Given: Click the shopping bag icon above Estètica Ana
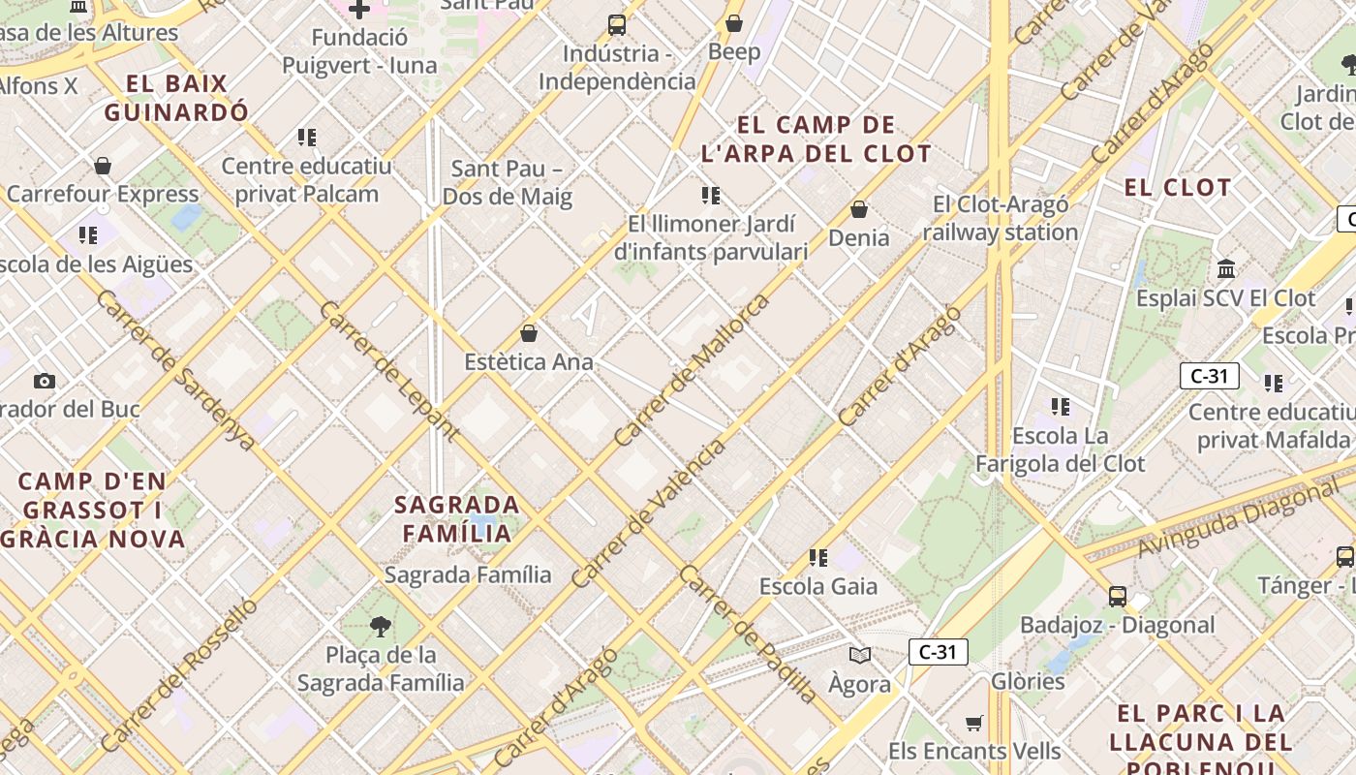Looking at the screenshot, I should (529, 333).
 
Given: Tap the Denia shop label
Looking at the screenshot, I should (858, 237).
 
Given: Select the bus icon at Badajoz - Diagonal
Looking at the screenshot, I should (1118, 596).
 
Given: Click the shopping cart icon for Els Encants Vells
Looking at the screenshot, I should (974, 723).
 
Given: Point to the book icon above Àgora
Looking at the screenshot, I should (859, 655).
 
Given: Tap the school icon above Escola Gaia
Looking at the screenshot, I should (818, 557).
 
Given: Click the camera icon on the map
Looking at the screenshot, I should (45, 381).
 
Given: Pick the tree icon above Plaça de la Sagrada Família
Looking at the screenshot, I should (381, 627).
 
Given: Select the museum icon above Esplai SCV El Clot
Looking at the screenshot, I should (1226, 268).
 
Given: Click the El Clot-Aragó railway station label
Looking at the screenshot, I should (1001, 219).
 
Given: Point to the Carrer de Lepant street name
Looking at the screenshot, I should (388, 371).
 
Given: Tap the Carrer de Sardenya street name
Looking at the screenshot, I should (175, 371).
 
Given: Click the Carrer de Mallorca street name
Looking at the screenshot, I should (693, 369).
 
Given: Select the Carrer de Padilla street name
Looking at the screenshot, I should (747, 634).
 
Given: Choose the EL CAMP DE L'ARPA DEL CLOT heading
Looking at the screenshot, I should (817, 139).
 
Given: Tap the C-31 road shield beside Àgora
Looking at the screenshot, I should (938, 652).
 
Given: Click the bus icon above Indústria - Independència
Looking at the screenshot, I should (617, 25).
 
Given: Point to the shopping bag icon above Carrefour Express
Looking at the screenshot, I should (103, 166).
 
